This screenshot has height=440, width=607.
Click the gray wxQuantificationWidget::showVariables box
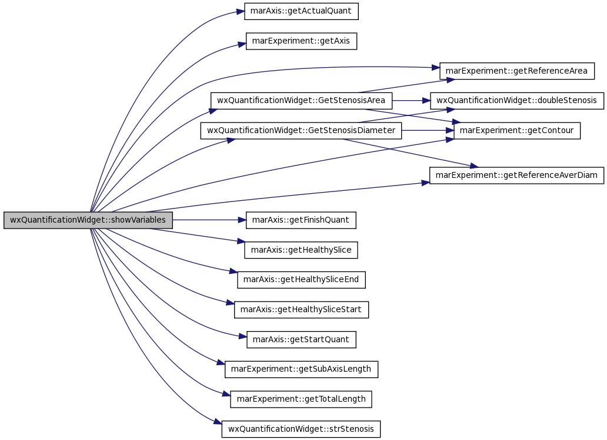click(88, 220)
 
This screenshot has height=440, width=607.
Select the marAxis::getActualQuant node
click(301, 11)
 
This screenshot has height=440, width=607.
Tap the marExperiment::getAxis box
click(301, 41)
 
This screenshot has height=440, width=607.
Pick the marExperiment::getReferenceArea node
click(516, 71)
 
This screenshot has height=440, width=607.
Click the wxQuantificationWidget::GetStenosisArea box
click(301, 100)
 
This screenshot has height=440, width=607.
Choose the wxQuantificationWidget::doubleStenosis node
click(516, 100)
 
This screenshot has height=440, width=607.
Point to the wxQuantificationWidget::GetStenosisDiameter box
click(301, 130)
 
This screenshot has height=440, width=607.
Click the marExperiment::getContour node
click(516, 130)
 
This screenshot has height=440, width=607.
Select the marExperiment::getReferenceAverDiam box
click(516, 175)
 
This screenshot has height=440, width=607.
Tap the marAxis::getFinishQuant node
click(301, 220)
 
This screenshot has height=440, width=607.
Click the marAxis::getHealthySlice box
click(301, 250)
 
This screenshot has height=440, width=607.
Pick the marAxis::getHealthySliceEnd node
click(301, 280)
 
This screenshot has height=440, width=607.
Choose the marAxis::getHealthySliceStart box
click(301, 309)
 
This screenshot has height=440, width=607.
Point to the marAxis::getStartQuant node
click(301, 339)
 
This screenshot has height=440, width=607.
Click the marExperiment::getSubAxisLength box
click(301, 369)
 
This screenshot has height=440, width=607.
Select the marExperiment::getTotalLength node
click(301, 399)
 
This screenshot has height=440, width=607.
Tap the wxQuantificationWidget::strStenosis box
click(301, 429)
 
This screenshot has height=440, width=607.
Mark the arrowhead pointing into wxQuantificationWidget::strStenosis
click(218, 422)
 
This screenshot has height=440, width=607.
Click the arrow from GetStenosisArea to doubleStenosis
click(411, 100)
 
